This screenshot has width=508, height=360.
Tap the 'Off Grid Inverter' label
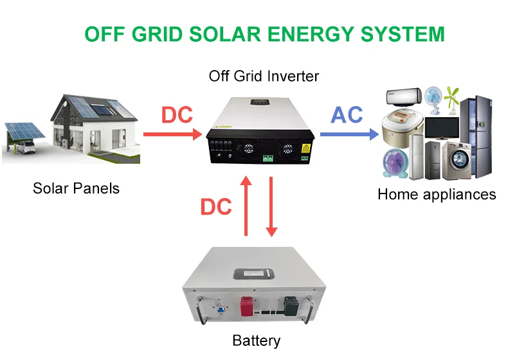pyautogui.click(x=264, y=76)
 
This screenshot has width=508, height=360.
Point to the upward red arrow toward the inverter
pyautogui.click(x=246, y=206)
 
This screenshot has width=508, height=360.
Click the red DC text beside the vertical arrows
pyautogui.click(x=216, y=207)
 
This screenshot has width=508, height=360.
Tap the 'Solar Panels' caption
pyautogui.click(x=76, y=188)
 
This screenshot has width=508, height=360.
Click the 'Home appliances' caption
pyautogui.click(x=437, y=194)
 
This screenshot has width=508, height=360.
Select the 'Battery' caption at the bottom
pyautogui.click(x=257, y=340)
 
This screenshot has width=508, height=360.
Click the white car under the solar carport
pyautogui.click(x=24, y=149)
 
